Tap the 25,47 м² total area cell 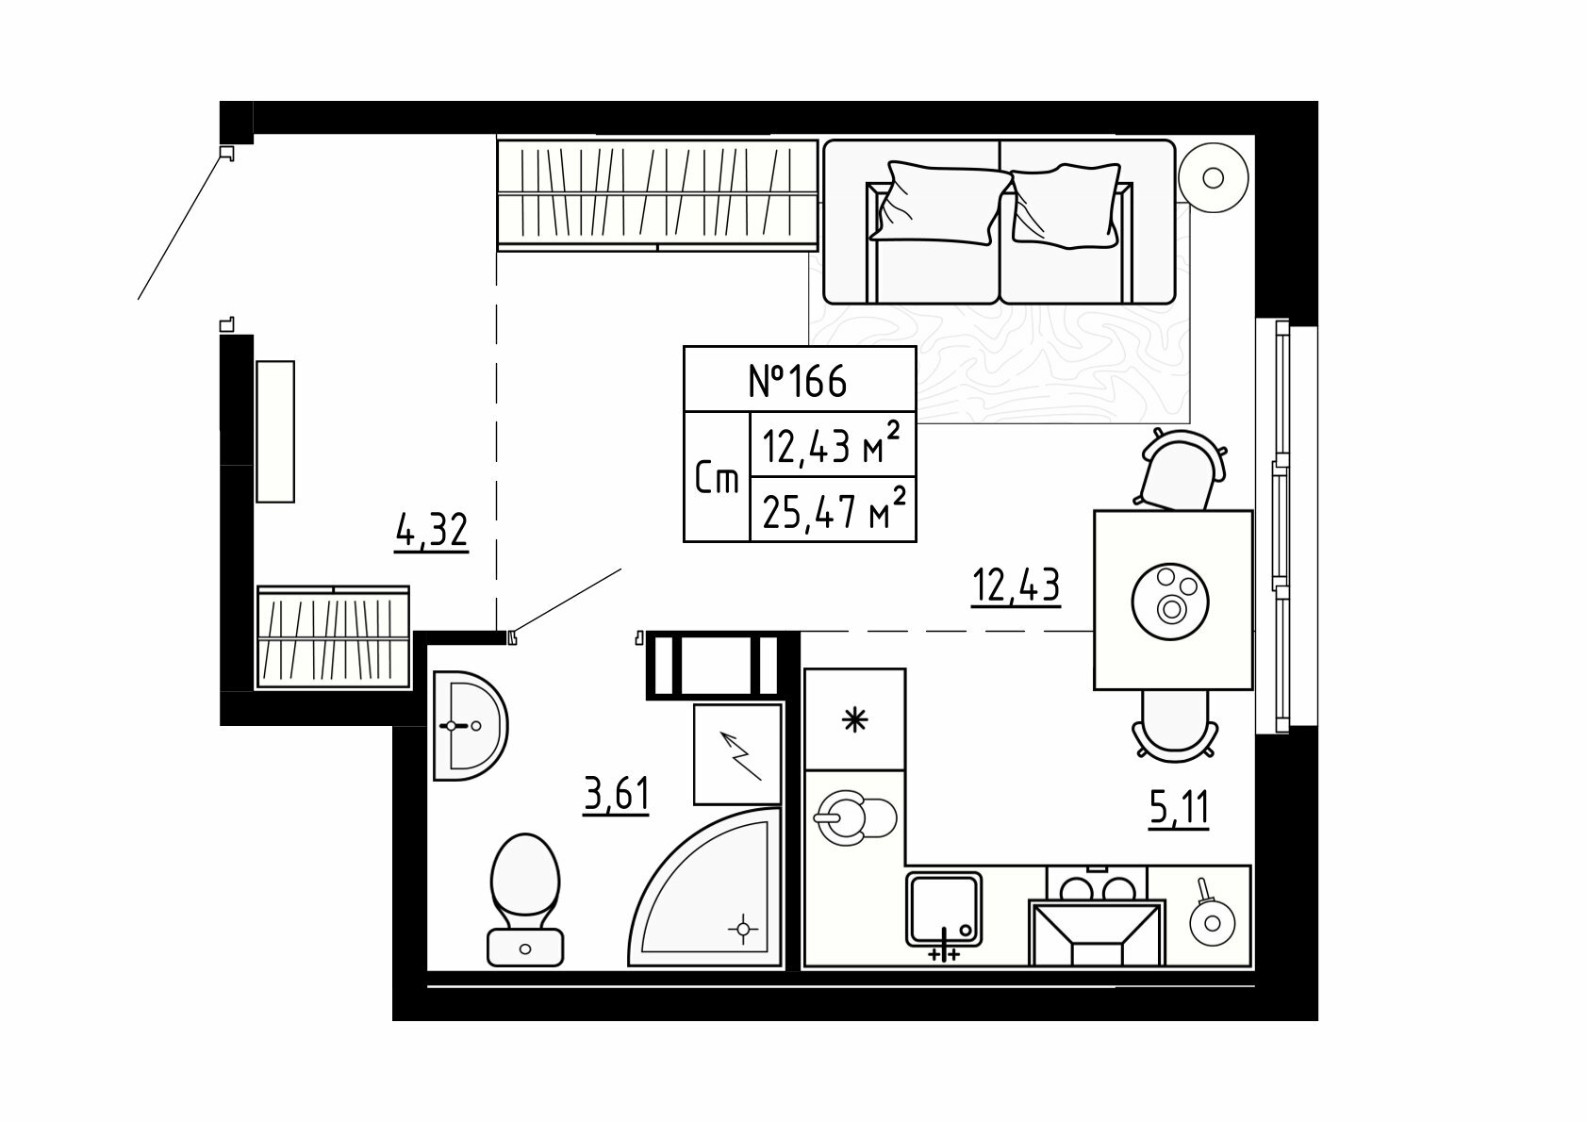tap(834, 509)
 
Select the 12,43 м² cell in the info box tap(833, 445)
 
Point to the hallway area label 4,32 tap(432, 531)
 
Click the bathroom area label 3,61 tap(616, 795)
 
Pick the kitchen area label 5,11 tap(1178, 809)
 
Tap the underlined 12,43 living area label tap(1016, 586)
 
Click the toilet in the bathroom tap(525, 899)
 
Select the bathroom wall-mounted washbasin tap(470, 725)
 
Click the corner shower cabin tap(705, 888)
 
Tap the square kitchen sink tap(944, 909)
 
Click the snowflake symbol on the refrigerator tap(855, 720)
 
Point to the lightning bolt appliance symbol tap(741, 756)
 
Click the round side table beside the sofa tap(1214, 177)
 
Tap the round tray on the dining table tap(1170, 601)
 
